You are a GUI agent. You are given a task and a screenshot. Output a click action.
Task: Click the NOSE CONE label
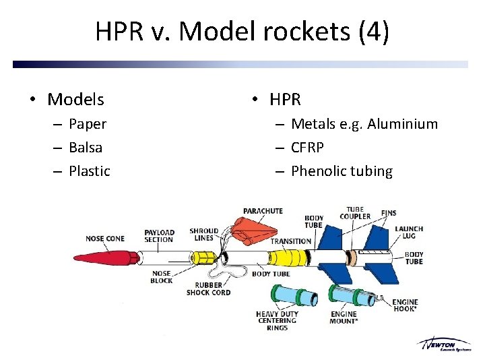click(105, 239)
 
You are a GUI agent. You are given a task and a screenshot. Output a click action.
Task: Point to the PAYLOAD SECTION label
click(159, 236)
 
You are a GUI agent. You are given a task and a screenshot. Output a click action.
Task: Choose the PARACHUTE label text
click(263, 211)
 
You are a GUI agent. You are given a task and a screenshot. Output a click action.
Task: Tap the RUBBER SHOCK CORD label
click(208, 289)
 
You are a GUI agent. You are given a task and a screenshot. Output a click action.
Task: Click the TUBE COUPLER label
click(355, 213)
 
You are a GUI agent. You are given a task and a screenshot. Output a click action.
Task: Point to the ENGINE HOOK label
click(405, 305)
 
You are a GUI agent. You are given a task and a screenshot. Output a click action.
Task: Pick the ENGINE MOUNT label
click(344, 317)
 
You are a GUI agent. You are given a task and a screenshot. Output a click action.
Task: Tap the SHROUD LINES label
click(203, 234)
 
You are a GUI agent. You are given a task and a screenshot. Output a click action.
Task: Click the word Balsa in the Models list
click(86, 148)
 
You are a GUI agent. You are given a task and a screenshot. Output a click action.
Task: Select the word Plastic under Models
click(89, 171)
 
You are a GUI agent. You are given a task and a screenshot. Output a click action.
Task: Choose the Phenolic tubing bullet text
click(342, 171)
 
